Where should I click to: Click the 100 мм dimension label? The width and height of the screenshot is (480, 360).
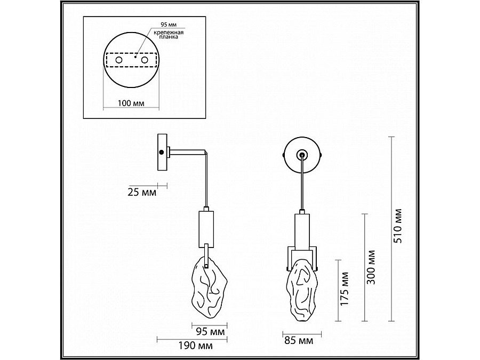click(131, 103)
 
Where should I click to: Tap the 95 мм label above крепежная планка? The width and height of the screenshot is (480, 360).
click(169, 25)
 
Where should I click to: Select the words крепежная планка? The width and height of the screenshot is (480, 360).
click(169, 35)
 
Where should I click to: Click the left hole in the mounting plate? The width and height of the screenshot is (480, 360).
click(119, 60)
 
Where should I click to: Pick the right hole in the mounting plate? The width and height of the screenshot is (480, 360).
click(145, 60)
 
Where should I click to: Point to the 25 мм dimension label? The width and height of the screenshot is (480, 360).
click(142, 192)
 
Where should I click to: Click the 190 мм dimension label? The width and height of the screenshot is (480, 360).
click(196, 346)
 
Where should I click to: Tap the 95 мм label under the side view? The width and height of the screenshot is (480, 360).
click(210, 331)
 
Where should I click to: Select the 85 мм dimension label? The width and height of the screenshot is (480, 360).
click(299, 340)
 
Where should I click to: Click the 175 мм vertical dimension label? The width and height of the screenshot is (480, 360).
click(345, 289)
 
